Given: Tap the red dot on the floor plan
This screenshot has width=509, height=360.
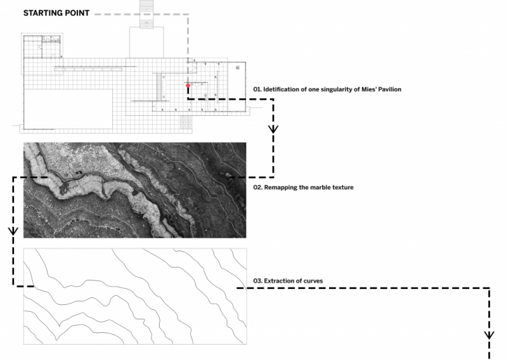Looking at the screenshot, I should [188, 86].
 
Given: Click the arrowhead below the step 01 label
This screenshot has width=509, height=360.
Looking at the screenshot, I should [273, 128].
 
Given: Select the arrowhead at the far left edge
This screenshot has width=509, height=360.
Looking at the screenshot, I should [13, 231].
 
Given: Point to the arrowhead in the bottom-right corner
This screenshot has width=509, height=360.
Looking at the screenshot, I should [489, 335].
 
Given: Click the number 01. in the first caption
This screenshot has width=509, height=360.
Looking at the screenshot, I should [257, 89].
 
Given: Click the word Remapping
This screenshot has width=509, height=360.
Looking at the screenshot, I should [278, 187].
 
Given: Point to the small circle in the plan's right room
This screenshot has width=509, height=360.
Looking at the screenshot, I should [238, 68].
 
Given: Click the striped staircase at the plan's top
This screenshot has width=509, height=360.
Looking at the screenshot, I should [147, 14].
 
